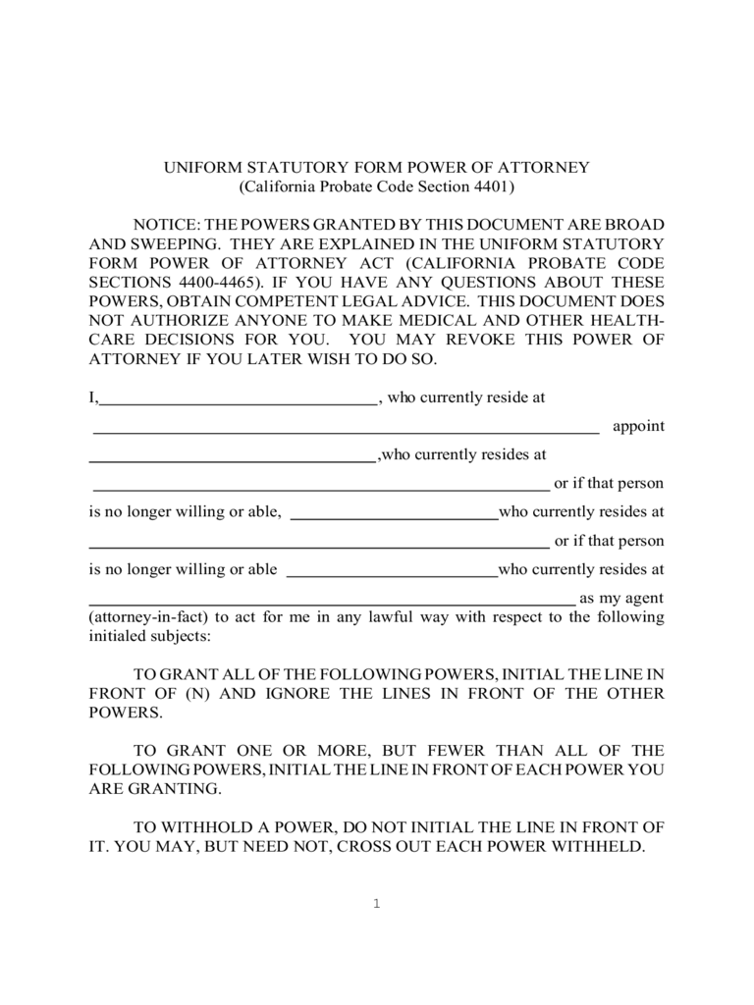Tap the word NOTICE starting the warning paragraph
[161, 225]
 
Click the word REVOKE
[525, 339]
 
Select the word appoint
[638, 426]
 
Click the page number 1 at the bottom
[375, 904]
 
